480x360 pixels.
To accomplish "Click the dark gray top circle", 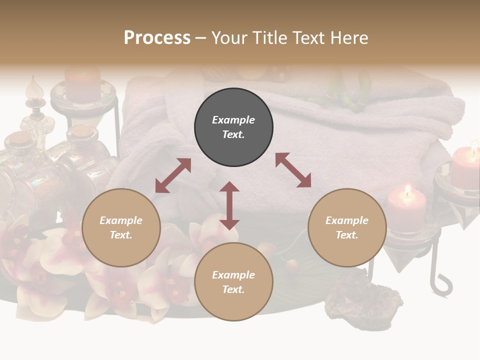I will tap(233, 127).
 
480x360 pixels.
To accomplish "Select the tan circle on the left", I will tap(121, 227).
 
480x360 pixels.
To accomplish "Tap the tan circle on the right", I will tap(347, 227).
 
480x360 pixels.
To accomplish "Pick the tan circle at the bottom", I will tap(233, 282).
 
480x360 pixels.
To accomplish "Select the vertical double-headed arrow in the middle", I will tap(229, 205).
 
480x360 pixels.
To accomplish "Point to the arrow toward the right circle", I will tap(293, 170).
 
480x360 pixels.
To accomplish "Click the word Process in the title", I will tap(157, 38).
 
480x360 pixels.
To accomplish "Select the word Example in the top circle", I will tap(233, 120).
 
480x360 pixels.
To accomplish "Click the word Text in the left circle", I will tap(121, 235).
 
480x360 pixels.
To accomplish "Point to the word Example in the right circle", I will tap(347, 220).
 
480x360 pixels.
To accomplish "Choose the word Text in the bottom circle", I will tap(233, 289).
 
